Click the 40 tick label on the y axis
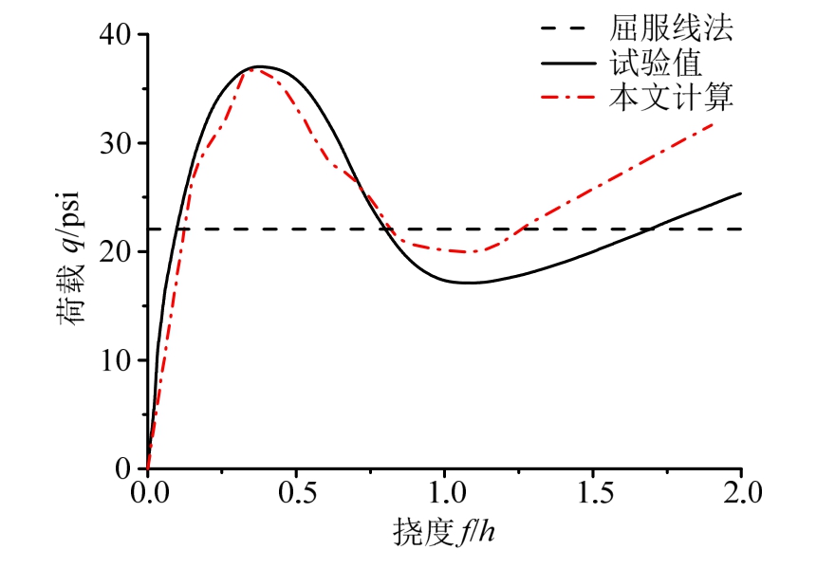117,35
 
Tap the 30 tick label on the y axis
117,143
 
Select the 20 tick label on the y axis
117,252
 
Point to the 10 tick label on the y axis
117,360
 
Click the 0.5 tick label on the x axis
296,493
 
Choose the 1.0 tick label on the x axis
444,493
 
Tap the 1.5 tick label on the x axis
592,493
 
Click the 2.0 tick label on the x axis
740,493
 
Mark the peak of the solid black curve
258,66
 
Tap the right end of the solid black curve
740,193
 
